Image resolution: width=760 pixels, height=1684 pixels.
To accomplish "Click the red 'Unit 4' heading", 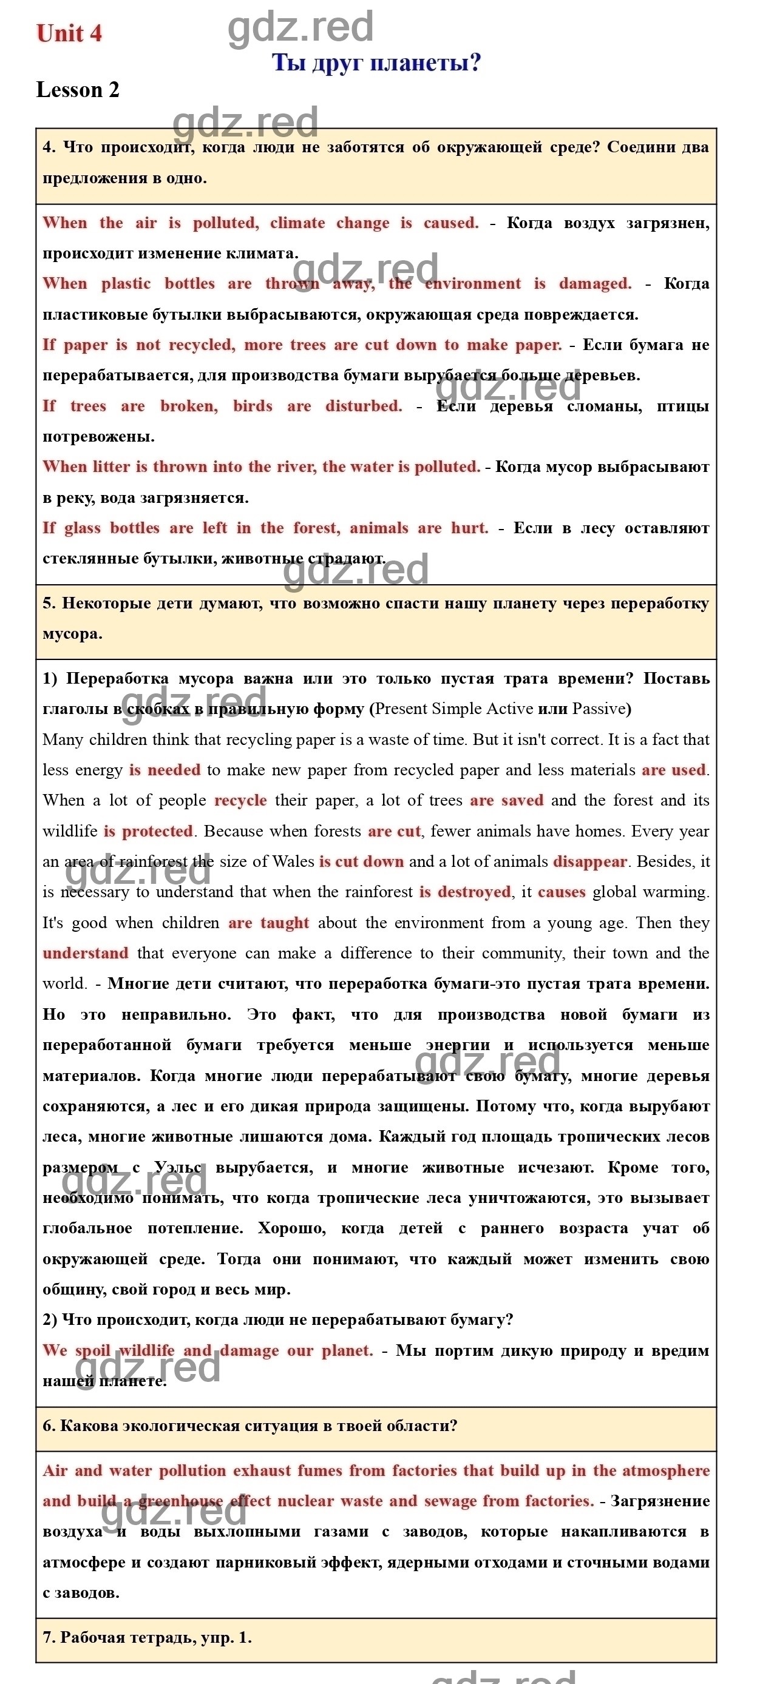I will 69,33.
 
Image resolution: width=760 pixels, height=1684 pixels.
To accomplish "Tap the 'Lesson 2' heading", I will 78,90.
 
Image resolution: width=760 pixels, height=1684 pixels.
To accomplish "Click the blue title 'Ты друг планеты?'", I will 376,62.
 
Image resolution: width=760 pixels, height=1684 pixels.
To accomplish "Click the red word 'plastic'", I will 126,284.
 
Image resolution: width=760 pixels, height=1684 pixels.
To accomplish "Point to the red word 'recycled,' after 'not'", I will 202,345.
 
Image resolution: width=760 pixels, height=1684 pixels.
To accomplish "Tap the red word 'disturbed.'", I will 364,406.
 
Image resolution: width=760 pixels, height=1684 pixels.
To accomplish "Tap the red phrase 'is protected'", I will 149,831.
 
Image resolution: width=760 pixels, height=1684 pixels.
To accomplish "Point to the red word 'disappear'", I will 590,861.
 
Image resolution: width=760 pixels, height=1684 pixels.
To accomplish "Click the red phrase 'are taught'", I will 268,923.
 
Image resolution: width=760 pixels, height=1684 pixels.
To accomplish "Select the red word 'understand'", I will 85,953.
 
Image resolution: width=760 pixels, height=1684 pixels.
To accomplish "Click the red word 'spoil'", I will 93,1350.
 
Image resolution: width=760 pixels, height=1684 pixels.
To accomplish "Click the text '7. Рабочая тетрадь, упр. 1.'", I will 146,1637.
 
